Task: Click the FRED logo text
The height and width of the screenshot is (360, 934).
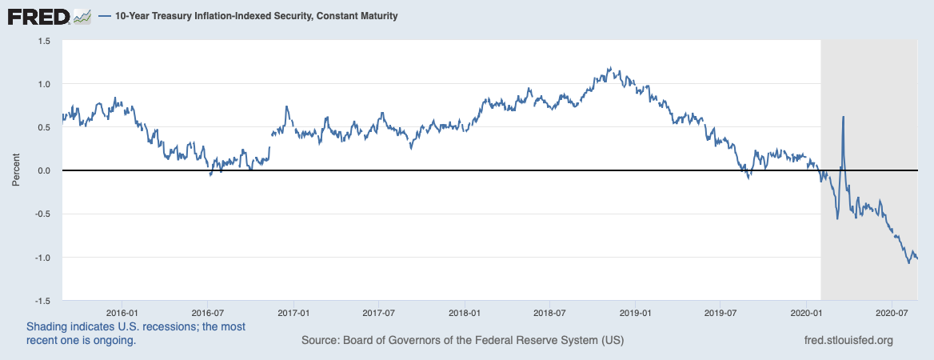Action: [38, 15]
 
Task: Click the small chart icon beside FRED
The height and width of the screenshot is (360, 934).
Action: [82, 16]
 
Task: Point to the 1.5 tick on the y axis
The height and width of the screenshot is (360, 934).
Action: [44, 41]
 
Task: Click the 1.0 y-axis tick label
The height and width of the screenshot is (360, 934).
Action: [44, 84]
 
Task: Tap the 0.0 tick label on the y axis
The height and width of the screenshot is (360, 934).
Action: [44, 170]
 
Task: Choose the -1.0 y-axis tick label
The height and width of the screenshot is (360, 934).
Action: [42, 258]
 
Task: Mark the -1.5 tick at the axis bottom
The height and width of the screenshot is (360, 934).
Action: [42, 301]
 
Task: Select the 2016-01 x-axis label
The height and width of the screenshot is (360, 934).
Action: [123, 313]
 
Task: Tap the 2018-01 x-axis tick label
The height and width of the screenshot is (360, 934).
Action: [465, 313]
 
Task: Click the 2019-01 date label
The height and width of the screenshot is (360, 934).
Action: [634, 313]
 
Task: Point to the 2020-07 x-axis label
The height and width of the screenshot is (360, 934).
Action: [891, 313]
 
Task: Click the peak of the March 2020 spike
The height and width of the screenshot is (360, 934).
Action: [844, 117]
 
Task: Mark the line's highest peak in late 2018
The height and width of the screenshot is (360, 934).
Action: [610, 68]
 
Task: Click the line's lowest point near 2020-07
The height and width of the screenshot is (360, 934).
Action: [908, 262]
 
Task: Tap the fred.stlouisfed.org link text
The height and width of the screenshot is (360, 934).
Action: [847, 340]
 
